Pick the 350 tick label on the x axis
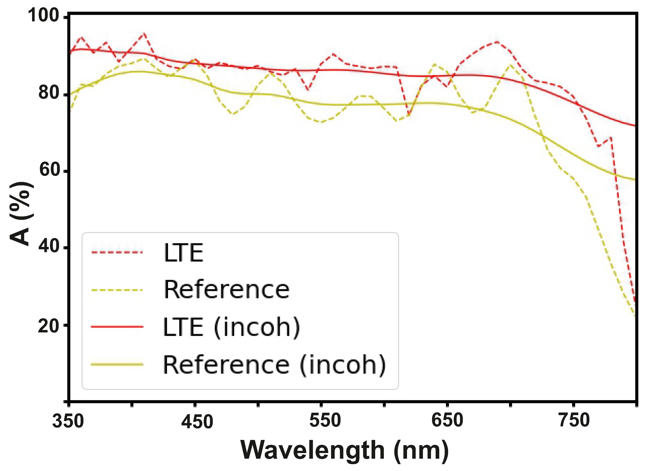click(x=68, y=421)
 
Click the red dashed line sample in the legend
click(x=117, y=252)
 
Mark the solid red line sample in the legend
click(x=117, y=327)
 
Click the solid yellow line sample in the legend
click(x=117, y=364)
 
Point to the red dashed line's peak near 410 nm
click(x=144, y=34)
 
